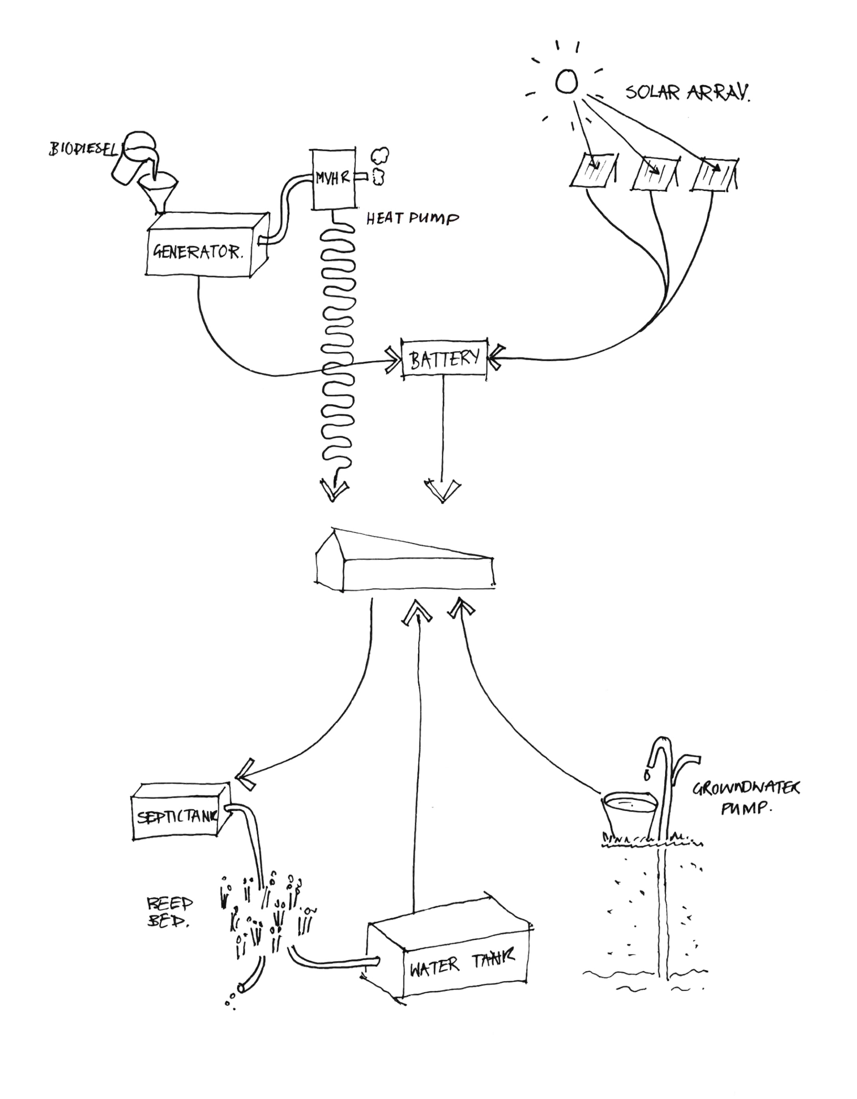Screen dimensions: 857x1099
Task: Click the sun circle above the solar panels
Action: (x=566, y=82)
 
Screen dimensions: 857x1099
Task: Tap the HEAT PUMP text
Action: (x=412, y=219)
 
